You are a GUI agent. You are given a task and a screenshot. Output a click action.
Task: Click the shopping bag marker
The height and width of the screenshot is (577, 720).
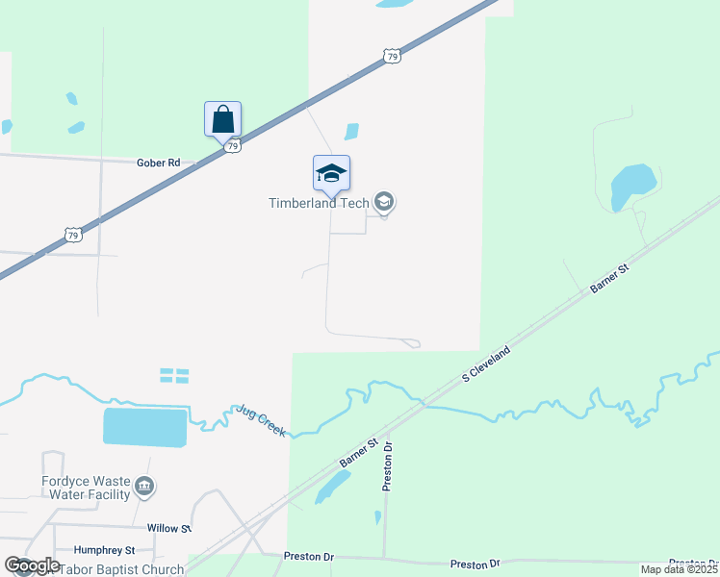[x=222, y=120]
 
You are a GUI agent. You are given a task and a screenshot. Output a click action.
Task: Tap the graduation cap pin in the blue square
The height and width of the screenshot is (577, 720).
[x=331, y=174]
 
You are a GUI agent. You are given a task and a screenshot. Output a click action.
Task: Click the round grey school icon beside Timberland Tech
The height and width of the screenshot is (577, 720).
[x=383, y=202]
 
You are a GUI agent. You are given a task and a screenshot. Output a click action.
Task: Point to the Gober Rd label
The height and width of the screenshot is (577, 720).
[x=159, y=163]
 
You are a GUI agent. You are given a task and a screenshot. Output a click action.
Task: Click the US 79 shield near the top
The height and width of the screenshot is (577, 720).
[x=391, y=58]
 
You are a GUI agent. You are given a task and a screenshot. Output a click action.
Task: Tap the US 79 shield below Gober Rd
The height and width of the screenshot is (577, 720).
[x=72, y=235]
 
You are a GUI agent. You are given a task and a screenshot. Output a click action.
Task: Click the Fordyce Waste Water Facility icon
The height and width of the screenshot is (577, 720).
[x=144, y=487]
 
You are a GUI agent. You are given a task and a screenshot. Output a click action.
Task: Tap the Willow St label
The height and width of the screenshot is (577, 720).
[x=169, y=528]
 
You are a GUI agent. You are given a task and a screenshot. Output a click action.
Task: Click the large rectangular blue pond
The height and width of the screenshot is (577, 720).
[x=144, y=428]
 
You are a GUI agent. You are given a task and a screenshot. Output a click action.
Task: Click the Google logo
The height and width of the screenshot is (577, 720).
[x=33, y=564]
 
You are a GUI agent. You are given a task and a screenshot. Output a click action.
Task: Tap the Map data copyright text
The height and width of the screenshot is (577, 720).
[x=679, y=569]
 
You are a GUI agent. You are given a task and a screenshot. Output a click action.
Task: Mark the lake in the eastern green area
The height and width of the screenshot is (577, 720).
[x=632, y=182]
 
